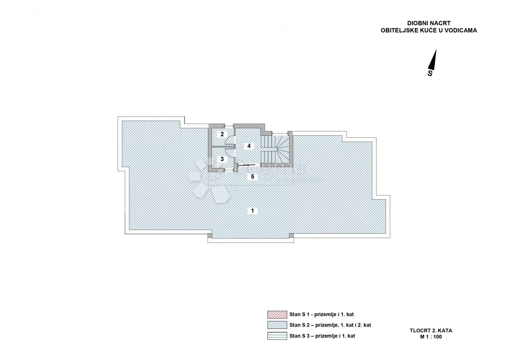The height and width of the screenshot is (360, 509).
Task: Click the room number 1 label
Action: tap(252, 211)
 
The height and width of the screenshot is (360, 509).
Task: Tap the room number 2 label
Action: tap(222, 134)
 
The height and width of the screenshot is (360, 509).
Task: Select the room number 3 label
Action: tap(222, 159)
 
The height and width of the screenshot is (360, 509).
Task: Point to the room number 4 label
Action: tap(249, 146)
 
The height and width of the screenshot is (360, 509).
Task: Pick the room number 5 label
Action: tap(253, 176)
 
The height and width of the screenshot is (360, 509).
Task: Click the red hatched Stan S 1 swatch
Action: tap(277, 315)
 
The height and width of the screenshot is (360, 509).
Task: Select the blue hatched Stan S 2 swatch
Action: tap(277, 325)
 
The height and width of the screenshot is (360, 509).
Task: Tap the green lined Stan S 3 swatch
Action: tap(277, 336)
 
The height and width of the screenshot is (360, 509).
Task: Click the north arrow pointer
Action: tap(432, 60)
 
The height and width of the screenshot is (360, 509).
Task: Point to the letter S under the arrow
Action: tap(430, 73)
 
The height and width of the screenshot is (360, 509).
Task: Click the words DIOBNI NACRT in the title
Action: tap(429, 23)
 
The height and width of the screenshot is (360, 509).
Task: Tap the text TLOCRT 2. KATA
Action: tap(431, 331)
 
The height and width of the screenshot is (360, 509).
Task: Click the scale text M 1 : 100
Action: tap(431, 337)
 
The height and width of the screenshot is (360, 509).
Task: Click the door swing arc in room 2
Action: tap(229, 140)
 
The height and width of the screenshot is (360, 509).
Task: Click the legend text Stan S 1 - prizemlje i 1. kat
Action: tap(322, 314)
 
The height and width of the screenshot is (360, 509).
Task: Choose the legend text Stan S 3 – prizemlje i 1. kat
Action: tap(322, 336)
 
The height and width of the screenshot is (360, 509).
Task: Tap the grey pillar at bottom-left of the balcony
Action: tap(210, 236)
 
